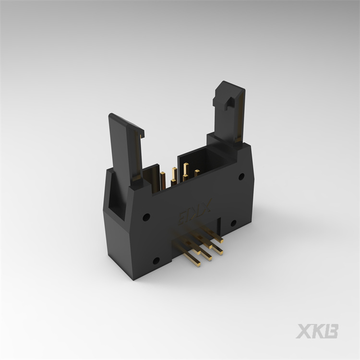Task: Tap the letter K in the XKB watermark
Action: tap(319, 331)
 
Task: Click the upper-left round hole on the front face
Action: tap(146, 216)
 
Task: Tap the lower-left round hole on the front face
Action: tap(156, 261)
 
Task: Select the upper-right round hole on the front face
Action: tap(241, 177)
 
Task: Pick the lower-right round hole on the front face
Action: tap(233, 223)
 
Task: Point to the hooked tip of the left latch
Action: tap(141, 133)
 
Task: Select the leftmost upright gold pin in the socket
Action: tap(164, 180)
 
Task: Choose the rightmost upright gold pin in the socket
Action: tap(197, 173)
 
